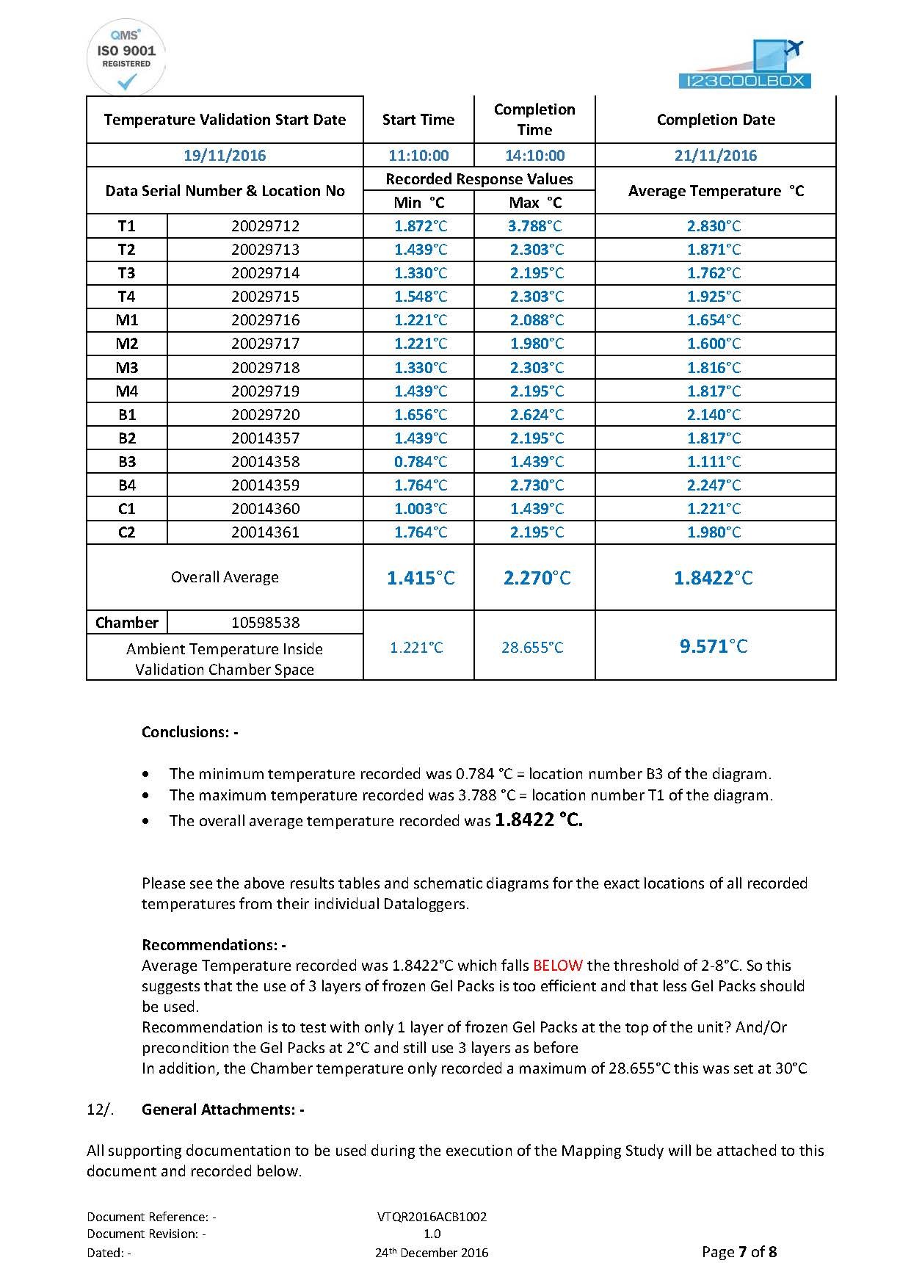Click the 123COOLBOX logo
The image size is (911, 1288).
click(746, 66)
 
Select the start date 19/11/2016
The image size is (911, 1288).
click(225, 155)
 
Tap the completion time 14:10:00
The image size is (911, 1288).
click(534, 155)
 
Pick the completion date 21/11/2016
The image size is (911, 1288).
click(716, 155)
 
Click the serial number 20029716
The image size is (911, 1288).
click(265, 320)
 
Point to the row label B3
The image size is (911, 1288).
click(127, 461)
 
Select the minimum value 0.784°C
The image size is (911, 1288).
click(420, 461)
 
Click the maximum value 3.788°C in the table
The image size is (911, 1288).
click(535, 225)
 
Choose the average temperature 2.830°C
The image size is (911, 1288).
click(714, 225)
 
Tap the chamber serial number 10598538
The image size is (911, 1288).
click(265, 623)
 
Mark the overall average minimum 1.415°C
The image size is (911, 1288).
click(420, 578)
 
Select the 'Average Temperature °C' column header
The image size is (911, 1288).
click(716, 191)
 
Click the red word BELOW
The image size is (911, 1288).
click(558, 965)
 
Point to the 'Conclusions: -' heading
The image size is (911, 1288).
click(190, 732)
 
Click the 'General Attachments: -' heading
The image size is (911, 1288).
click(223, 1110)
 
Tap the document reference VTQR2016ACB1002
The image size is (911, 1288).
click(432, 1216)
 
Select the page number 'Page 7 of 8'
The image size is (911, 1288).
click(738, 1251)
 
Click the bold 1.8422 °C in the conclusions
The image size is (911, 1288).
click(539, 820)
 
